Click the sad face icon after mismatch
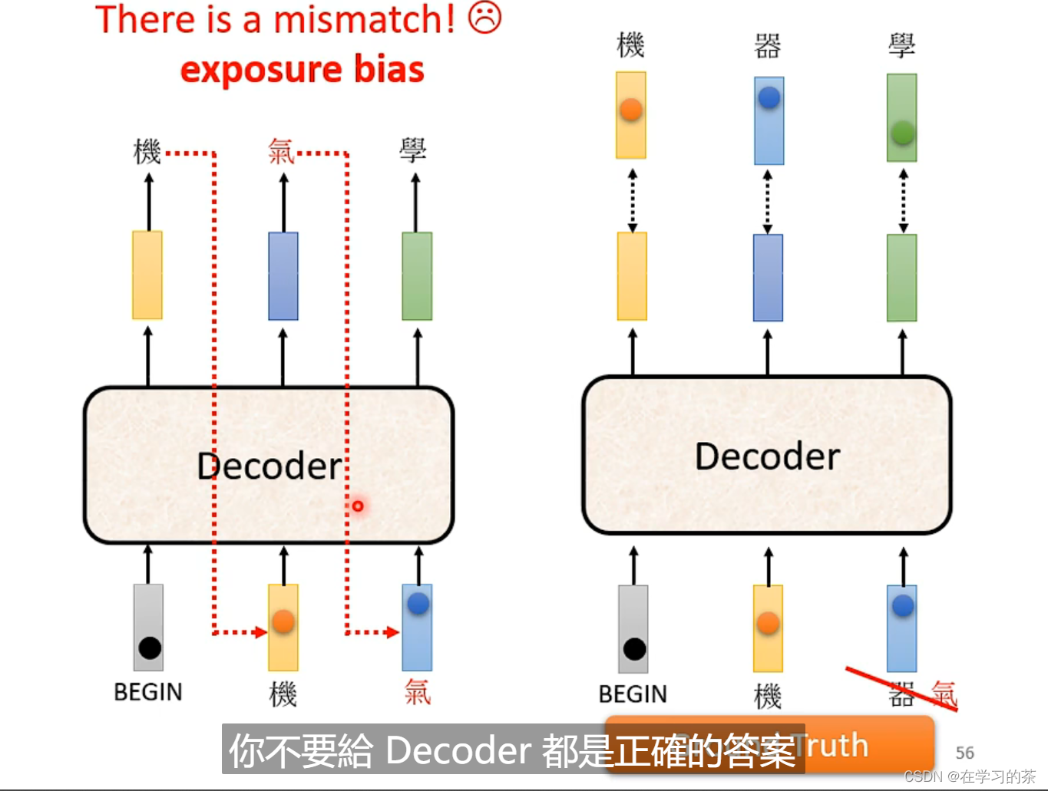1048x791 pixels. pos(484,18)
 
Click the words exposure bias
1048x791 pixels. pos(302,70)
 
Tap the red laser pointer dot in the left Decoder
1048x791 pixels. pos(358,506)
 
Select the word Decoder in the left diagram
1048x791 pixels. pos(269,466)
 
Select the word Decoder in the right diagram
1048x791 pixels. pos(767,456)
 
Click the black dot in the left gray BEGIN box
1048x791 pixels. pos(150,648)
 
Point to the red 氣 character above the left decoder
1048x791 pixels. pos(281,151)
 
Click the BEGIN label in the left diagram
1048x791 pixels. pos(148,692)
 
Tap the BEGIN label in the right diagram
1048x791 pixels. pos(633,694)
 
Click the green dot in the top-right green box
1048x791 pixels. pos(902,133)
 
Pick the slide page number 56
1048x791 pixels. pos(964,753)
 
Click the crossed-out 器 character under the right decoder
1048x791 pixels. pos(901,694)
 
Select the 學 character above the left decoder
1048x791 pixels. pos(413,150)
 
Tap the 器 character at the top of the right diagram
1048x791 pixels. pos(768,46)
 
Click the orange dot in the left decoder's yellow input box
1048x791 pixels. pos(283,621)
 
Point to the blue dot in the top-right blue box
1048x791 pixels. pos(769,97)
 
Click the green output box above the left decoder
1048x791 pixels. pos(417,276)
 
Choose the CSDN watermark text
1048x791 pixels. pos(969,776)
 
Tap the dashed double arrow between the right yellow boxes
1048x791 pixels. pos(632,201)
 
